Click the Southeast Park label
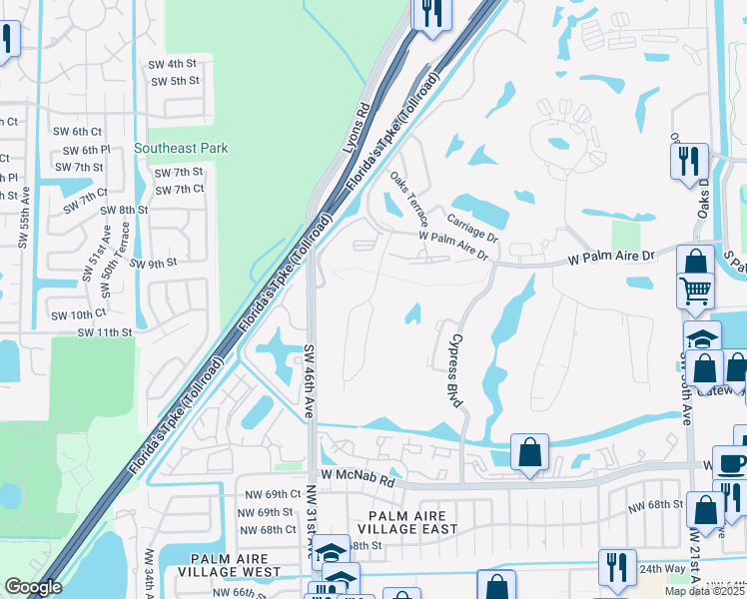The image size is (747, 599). tap(181, 148)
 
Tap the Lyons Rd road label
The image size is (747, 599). tap(357, 127)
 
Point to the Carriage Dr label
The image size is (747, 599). tap(472, 234)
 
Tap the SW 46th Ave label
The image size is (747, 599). tap(310, 381)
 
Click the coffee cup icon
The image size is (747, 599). tap(732, 464)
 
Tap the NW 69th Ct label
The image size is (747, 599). tap(269, 494)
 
